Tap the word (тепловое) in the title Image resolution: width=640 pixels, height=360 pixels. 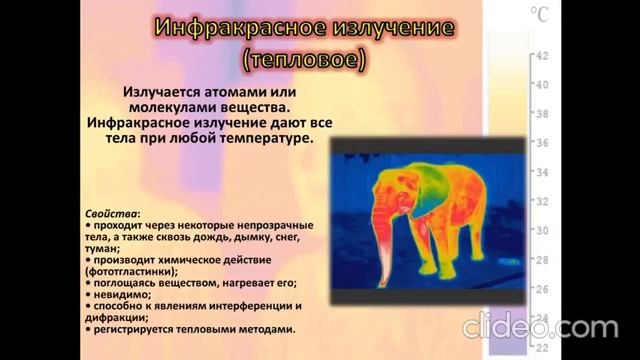(x=305, y=60)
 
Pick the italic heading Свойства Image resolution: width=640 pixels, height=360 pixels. (x=113, y=214)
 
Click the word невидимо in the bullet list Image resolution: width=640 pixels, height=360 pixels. (x=125, y=294)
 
